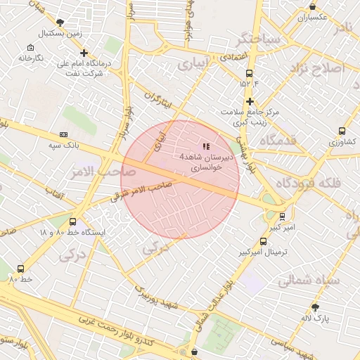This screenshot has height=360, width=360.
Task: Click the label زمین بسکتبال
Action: (x=60, y=33)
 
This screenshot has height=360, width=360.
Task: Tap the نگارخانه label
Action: (x=30, y=56)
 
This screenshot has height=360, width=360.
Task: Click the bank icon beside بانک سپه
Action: (x=64, y=134)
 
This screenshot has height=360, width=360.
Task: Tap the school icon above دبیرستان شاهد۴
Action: (x=205, y=146)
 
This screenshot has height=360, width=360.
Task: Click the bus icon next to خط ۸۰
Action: (x=20, y=269)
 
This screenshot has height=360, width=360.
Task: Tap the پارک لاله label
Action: (x=315, y=319)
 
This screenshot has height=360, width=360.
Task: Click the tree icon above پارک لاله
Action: (x=315, y=307)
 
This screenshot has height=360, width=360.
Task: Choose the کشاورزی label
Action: (x=342, y=142)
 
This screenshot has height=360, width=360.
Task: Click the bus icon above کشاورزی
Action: (x=342, y=131)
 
